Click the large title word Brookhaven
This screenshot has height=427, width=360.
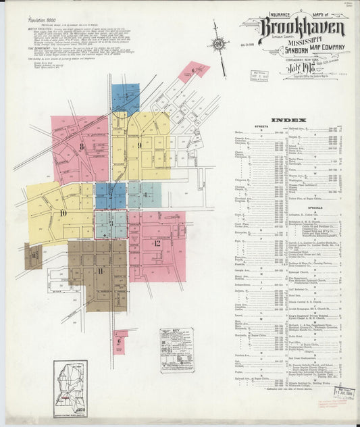(x=301, y=28)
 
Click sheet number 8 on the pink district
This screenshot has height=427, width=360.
(x=81, y=146)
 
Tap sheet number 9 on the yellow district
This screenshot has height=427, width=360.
(x=139, y=145)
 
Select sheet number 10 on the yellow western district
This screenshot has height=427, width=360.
(x=63, y=213)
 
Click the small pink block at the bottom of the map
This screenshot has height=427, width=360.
(x=120, y=341)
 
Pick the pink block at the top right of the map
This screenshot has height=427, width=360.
(x=193, y=71)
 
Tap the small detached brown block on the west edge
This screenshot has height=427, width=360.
(x=33, y=257)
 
